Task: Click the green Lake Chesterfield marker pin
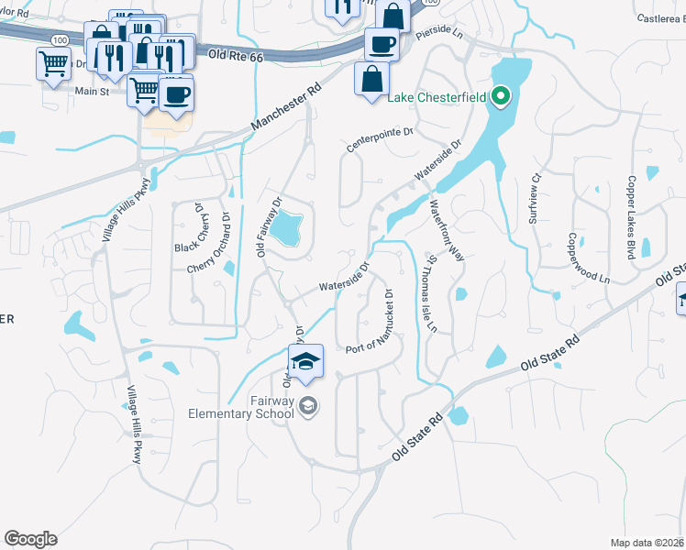(501, 94)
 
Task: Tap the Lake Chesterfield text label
(437, 98)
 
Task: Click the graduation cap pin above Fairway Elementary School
(306, 359)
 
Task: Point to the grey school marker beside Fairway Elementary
(309, 406)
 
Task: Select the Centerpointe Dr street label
(381, 138)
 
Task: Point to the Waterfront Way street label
(448, 230)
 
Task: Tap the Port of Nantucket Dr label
(371, 324)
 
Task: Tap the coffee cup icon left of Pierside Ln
(381, 43)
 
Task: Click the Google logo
(30, 539)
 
